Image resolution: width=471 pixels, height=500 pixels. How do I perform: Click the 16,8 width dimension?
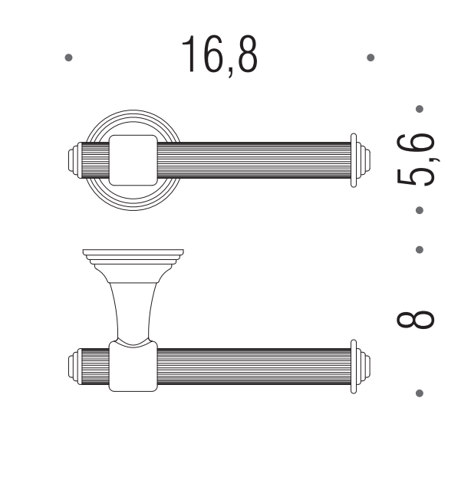tap(219, 55)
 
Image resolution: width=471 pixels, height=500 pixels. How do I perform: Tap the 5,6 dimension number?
tap(417, 160)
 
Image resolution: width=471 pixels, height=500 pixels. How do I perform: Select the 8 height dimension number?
tap(416, 320)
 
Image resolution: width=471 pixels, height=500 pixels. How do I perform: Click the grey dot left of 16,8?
tap(68, 58)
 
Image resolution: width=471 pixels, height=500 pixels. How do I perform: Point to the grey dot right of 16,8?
tap(371, 58)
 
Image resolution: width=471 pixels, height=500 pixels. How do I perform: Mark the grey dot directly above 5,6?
tap(420, 109)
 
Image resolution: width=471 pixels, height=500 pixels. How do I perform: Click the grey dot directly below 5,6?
tap(420, 210)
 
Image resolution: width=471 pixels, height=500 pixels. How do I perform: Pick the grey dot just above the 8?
tap(420, 250)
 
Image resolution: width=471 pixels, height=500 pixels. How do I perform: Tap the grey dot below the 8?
tap(420, 393)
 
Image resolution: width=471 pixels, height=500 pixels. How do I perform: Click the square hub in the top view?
tap(133, 160)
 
